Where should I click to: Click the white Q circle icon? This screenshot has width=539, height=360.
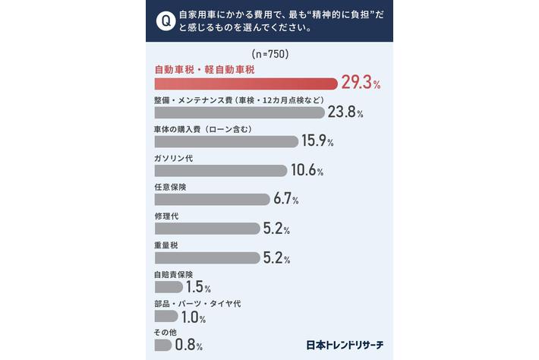pyautogui.click(x=165, y=21)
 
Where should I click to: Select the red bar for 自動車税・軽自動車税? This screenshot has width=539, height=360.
pyautogui.click(x=246, y=84)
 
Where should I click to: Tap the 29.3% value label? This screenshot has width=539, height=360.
pyautogui.click(x=361, y=83)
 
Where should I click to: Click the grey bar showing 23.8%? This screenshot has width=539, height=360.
pyautogui.click(x=240, y=112)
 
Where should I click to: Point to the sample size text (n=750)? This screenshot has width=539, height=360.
pyautogui.click(x=270, y=54)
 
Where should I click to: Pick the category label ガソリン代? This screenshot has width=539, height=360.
pyautogui.click(x=174, y=159)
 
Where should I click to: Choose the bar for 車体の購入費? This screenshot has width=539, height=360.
pyautogui.click(x=226, y=142)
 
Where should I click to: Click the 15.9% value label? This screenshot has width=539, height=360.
pyautogui.click(x=317, y=141)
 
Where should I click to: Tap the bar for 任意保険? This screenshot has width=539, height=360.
pyautogui.click(x=213, y=200)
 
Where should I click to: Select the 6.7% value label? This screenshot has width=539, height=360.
pyautogui.click(x=286, y=199)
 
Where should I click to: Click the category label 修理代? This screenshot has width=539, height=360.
pyautogui.click(x=166, y=216)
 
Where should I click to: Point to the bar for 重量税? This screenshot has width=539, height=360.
pyautogui.click(x=207, y=258)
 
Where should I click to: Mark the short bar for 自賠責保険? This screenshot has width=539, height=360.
pyautogui.click(x=169, y=287)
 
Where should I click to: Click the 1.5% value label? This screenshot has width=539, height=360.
pyautogui.click(x=198, y=287)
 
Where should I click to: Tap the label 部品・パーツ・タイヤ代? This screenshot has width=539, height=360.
pyautogui.click(x=197, y=304)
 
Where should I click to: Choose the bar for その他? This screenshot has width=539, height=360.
pyautogui.click(x=163, y=346)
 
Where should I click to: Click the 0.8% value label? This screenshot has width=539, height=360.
pyautogui.click(x=189, y=345)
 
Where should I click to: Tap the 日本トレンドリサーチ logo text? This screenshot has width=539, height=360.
pyautogui.click(x=345, y=345)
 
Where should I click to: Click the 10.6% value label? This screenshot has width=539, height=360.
pyautogui.click(x=307, y=170)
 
